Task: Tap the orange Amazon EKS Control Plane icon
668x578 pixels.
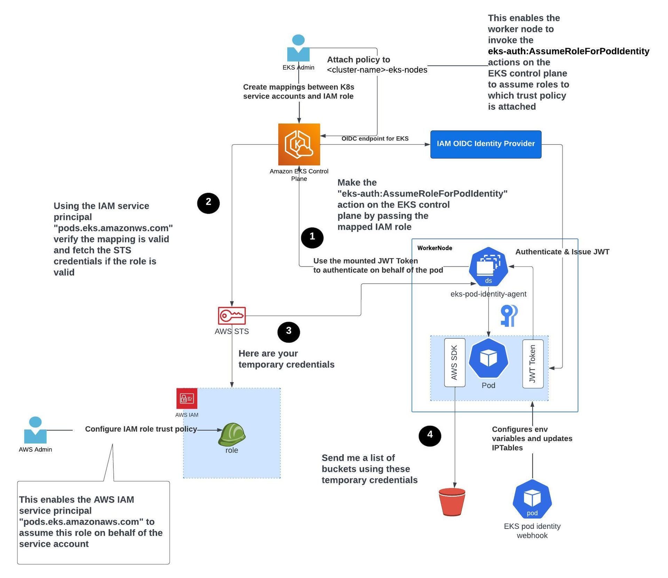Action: (x=299, y=144)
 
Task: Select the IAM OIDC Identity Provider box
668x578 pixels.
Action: (x=485, y=144)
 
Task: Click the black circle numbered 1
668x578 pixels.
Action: (x=312, y=237)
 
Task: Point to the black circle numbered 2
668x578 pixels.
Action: (x=208, y=203)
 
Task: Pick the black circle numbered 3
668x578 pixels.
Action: (x=288, y=331)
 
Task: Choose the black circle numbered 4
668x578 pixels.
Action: (x=430, y=435)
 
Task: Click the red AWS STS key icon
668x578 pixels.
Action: (x=232, y=315)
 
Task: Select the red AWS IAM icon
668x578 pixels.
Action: (x=187, y=398)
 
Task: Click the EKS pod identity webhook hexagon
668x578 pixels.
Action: (x=532, y=499)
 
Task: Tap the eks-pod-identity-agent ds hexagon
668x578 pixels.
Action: (x=488, y=267)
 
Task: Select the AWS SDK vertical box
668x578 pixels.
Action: (x=454, y=362)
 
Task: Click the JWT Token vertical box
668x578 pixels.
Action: (x=533, y=364)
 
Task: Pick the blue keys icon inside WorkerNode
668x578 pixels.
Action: (x=509, y=315)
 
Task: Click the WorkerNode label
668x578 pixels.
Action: (x=435, y=248)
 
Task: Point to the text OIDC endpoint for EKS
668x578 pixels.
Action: (x=375, y=138)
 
